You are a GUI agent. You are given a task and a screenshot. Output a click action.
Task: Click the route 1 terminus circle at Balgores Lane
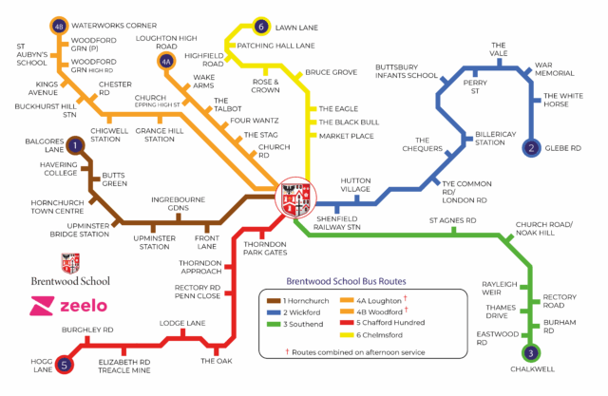75,144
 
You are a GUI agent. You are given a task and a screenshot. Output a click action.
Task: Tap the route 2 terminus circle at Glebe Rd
532,147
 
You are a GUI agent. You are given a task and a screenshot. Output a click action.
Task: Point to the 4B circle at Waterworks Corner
59,26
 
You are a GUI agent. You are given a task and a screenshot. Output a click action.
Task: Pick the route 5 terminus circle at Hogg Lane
65,364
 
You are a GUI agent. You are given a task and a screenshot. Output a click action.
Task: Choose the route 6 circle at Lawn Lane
261,26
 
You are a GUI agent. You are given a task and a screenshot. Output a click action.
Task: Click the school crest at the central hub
294,198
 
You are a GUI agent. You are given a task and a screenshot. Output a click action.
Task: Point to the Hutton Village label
355,186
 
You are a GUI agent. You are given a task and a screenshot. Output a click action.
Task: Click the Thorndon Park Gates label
265,249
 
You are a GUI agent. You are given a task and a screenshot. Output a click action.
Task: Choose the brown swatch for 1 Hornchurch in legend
272,300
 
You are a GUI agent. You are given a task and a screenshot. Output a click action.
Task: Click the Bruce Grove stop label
331,73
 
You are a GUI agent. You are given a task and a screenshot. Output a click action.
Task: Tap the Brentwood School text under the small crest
71,280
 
